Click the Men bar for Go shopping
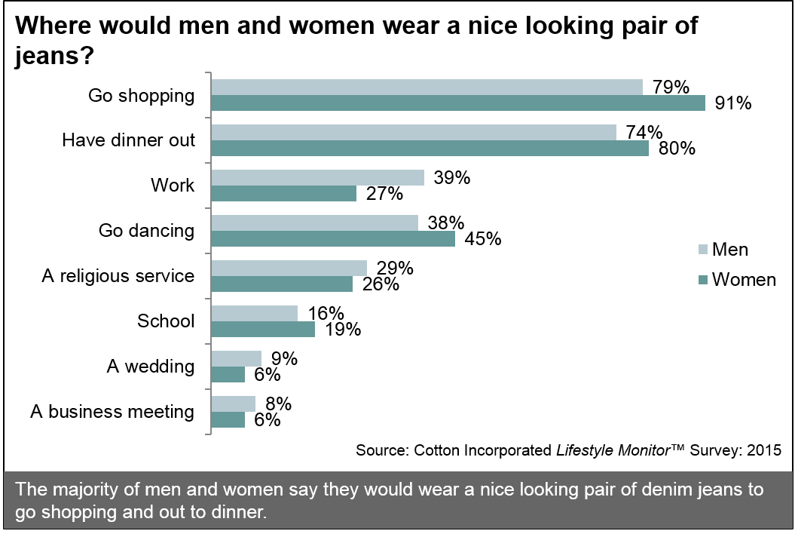click(x=427, y=87)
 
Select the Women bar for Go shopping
click(x=457, y=103)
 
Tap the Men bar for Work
click(x=317, y=178)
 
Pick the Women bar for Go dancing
click(x=333, y=239)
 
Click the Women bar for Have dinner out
click(x=430, y=149)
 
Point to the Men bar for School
click(x=255, y=314)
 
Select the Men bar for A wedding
click(x=237, y=359)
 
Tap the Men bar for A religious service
click(x=289, y=269)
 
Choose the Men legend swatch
click(x=704, y=250)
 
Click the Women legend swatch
click(x=704, y=280)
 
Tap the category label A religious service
click(x=118, y=276)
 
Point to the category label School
click(x=165, y=321)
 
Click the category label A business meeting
click(x=112, y=412)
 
